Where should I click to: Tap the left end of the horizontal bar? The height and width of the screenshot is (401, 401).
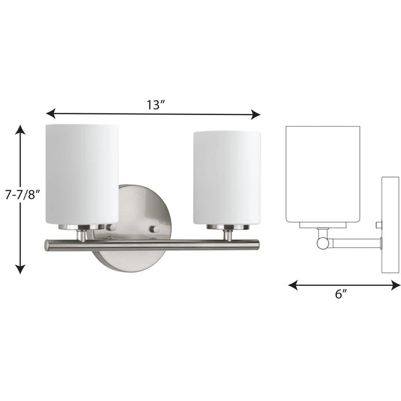(48, 245)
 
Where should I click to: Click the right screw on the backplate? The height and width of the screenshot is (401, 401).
(154, 229)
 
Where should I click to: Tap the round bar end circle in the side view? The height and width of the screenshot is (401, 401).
(323, 243)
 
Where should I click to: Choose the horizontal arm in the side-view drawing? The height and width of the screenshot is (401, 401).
(355, 243)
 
